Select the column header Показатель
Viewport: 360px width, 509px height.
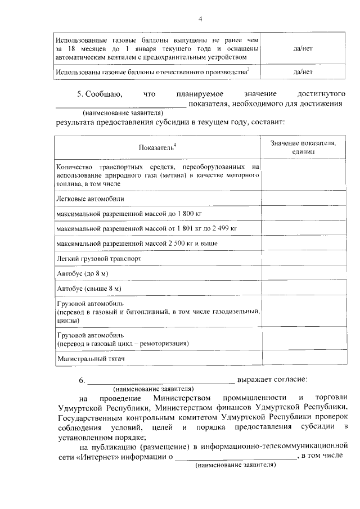tap(157, 147)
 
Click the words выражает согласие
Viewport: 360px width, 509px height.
tap(272, 380)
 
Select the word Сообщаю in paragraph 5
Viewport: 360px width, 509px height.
tap(105, 93)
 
